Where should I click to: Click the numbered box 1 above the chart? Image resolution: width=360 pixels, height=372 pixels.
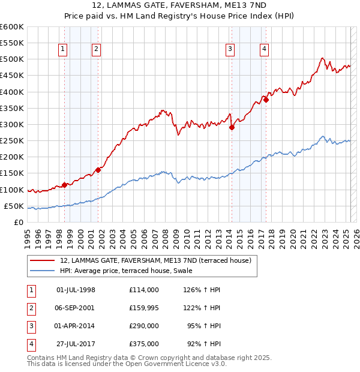[64, 50]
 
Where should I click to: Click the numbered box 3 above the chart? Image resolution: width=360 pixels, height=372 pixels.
[230, 50]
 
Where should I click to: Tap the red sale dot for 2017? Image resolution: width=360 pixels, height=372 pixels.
[266, 100]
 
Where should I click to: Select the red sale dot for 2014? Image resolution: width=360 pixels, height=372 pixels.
[232, 127]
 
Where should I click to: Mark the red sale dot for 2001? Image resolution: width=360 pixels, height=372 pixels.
[98, 170]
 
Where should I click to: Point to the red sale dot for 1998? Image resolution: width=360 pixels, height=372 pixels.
[64, 185]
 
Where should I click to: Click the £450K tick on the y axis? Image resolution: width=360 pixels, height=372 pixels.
[13, 76]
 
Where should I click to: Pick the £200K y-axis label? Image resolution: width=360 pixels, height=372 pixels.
[13, 157]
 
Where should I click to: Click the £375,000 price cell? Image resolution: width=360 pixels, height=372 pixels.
[143, 344]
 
